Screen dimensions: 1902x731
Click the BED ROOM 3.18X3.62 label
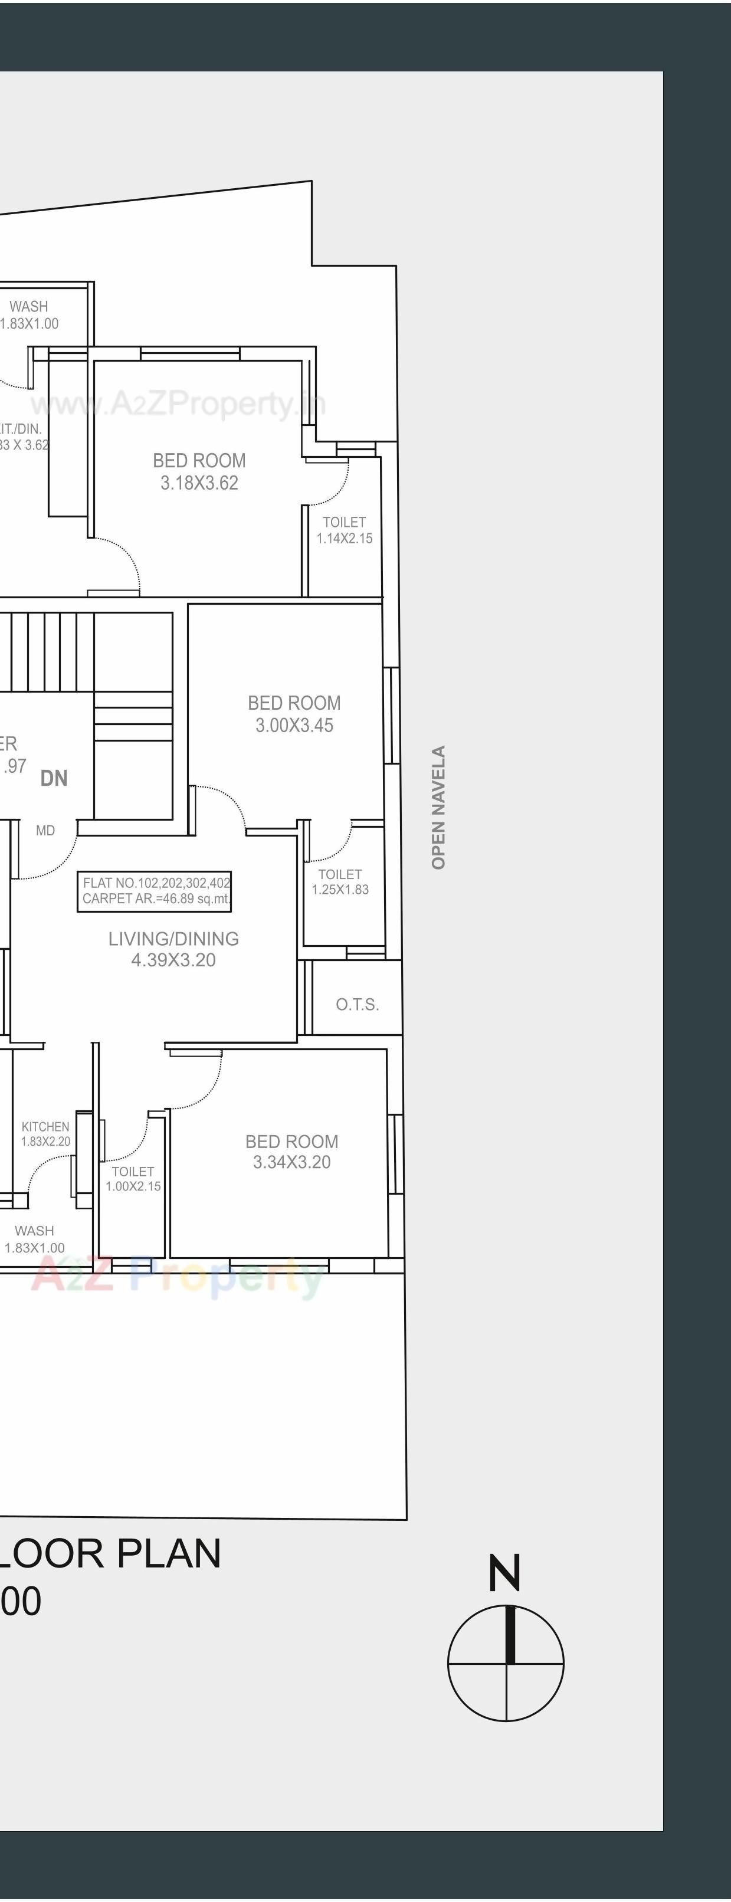tap(199, 471)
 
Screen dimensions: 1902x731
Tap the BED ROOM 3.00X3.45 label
tap(294, 714)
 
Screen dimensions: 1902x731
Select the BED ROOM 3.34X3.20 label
tap(291, 1151)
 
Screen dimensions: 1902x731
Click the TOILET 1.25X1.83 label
tap(340, 881)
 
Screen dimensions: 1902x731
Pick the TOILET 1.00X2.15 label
tap(133, 1178)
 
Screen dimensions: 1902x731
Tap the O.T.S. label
tap(358, 1004)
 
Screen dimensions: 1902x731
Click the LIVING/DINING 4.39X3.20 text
tap(173, 949)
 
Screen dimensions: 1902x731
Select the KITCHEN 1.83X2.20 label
tap(45, 1133)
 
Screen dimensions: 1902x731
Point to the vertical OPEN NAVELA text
tap(438, 807)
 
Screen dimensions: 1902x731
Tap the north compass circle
tap(506, 1664)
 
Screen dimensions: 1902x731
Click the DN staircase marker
tap(54, 778)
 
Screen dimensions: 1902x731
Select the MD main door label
tap(45, 831)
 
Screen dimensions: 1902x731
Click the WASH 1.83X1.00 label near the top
tap(29, 314)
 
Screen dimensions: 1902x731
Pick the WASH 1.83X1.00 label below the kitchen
tap(34, 1239)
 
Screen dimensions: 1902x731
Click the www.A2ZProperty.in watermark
tap(177, 404)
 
